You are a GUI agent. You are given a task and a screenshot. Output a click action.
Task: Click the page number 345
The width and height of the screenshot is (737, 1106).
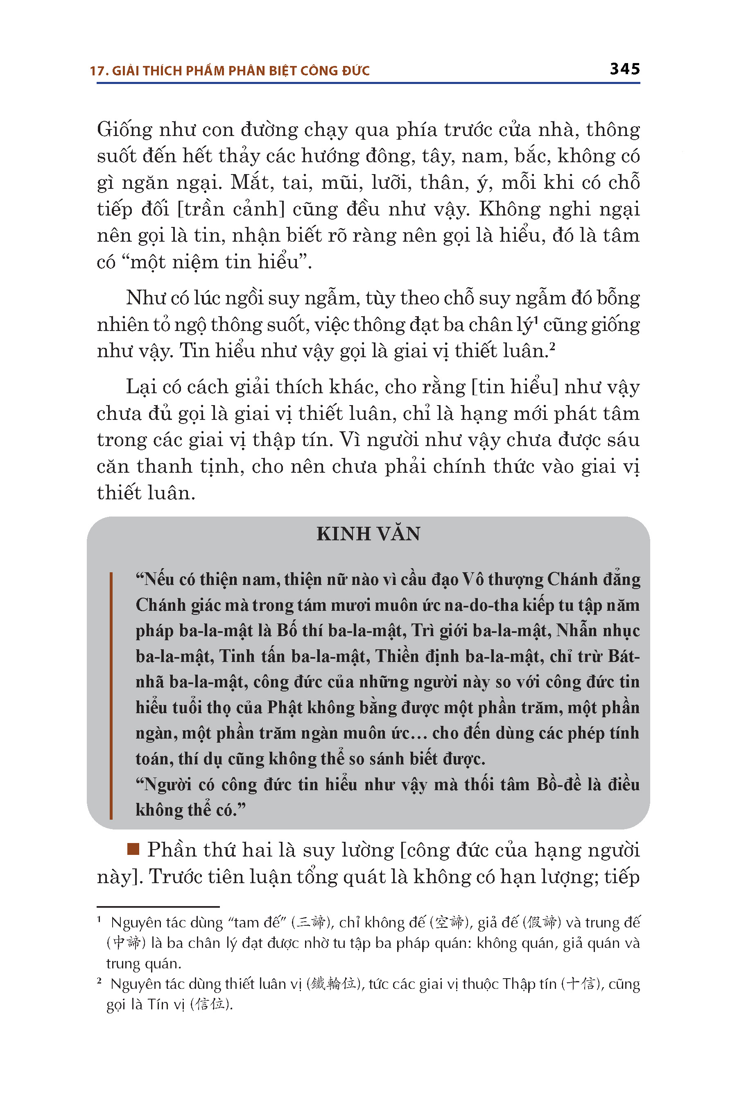click(x=625, y=69)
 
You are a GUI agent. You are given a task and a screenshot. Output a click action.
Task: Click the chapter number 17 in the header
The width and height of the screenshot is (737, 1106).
click(x=97, y=71)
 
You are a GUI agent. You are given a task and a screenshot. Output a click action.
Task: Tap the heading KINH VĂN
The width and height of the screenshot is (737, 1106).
click(x=368, y=534)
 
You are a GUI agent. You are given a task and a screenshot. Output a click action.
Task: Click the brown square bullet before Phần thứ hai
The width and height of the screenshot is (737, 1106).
click(x=133, y=849)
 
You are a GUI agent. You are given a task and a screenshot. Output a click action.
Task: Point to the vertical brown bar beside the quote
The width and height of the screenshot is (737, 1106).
click(x=111, y=696)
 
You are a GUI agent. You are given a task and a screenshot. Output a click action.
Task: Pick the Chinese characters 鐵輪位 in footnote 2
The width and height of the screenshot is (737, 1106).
click(x=333, y=983)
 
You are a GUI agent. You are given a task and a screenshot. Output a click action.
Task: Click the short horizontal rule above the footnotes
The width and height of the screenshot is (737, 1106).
click(x=158, y=906)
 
